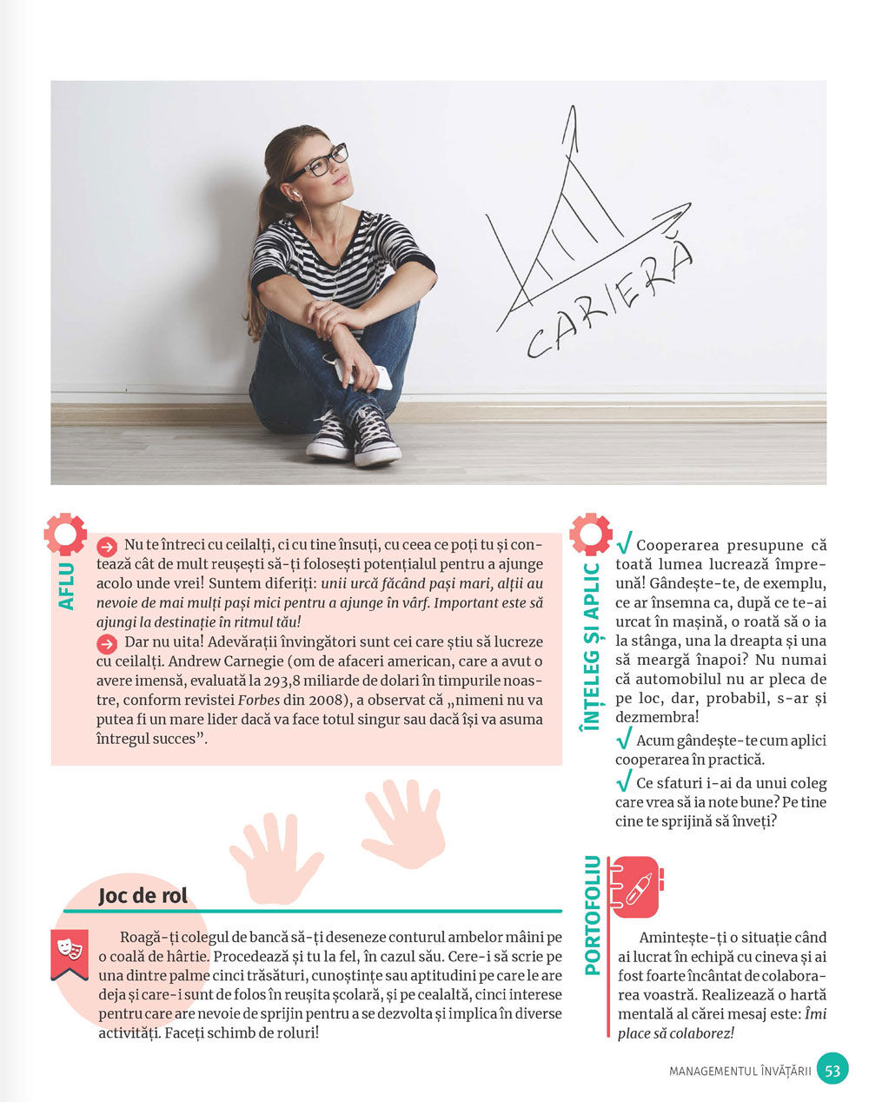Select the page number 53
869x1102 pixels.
tap(833, 1070)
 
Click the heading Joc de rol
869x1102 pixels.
tap(143, 895)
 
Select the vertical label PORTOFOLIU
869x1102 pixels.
tap(593, 914)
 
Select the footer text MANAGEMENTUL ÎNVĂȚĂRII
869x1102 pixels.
tap(740, 1071)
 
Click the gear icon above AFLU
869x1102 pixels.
tap(65, 534)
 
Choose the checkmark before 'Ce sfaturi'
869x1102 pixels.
tap(623, 781)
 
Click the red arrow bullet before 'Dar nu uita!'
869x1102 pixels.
tap(107, 643)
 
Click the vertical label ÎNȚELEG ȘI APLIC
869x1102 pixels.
tap(592, 653)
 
